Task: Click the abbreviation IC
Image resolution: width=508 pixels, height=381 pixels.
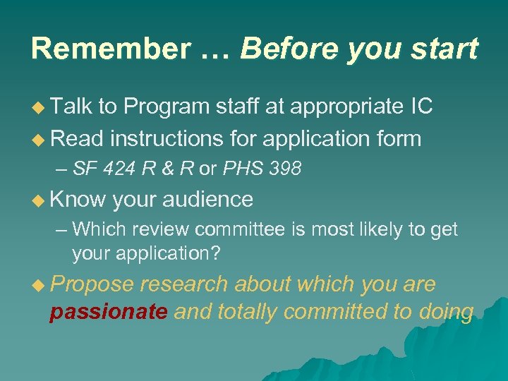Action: tap(421, 107)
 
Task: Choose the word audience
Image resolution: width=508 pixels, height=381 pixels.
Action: tap(207, 200)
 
